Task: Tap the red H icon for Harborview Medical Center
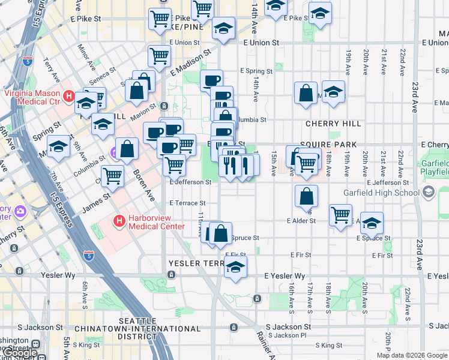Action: [119, 221]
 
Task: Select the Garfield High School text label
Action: [381, 193]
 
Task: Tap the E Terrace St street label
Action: [187, 203]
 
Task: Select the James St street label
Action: [96, 197]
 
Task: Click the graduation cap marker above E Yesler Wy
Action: [236, 266]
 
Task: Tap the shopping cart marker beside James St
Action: [113, 176]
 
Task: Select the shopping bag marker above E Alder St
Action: [306, 196]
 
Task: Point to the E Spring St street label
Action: [256, 71]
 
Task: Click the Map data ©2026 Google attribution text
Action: [412, 355]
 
